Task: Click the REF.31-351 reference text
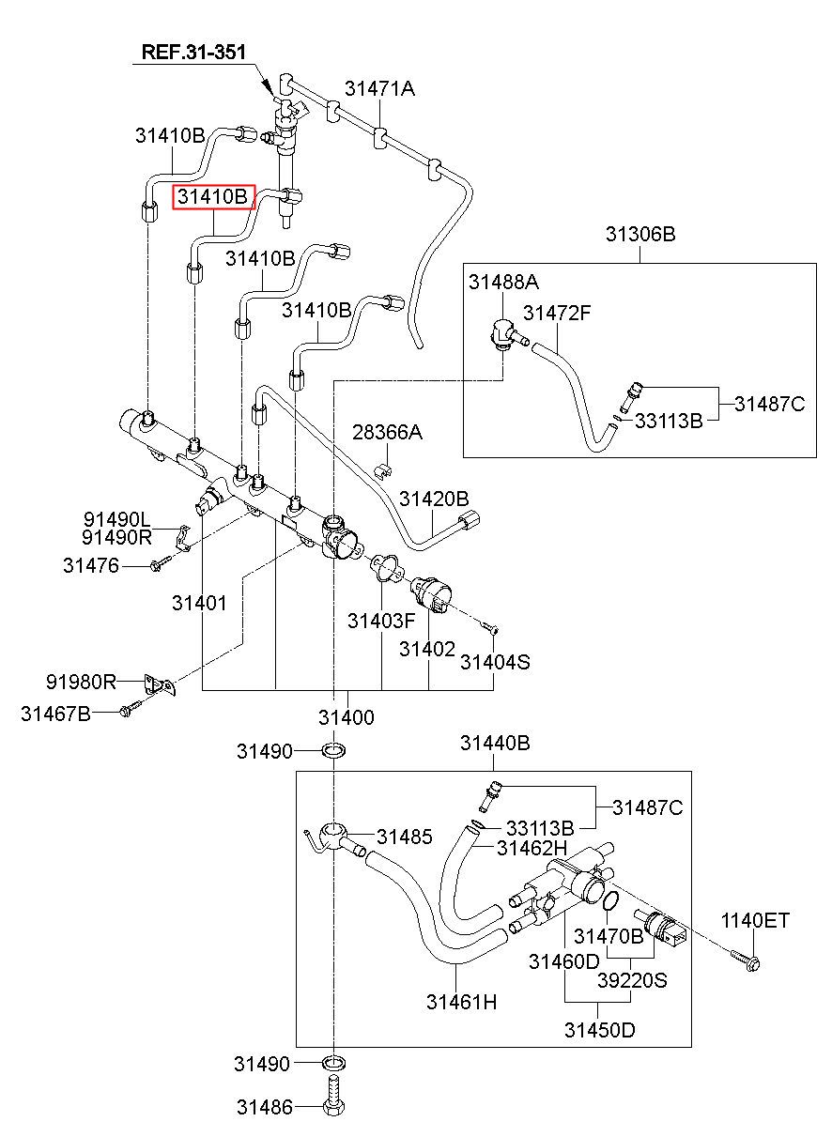[193, 52]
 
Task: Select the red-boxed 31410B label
[213, 196]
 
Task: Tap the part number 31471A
[379, 89]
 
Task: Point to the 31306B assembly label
[640, 234]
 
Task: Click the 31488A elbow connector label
[503, 282]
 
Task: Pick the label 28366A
[387, 433]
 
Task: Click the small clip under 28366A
[386, 471]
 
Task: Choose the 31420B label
[434, 499]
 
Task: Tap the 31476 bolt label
[91, 565]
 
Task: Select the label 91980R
[81, 682]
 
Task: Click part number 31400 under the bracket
[347, 717]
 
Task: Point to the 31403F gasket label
[381, 621]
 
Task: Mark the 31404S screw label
[495, 662]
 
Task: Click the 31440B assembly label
[495, 743]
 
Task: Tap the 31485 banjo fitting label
[405, 837]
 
